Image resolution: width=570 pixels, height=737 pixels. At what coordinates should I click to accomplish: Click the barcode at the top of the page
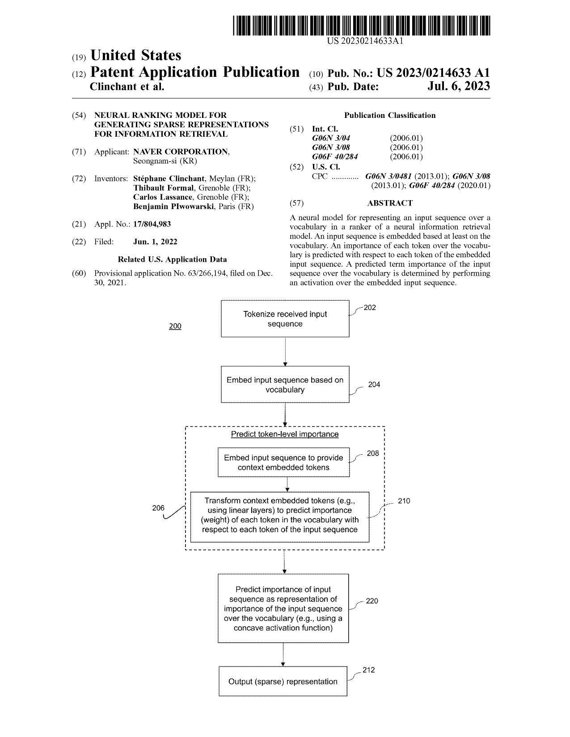tap(361, 25)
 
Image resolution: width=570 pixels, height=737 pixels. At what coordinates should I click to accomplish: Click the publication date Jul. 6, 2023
tap(459, 86)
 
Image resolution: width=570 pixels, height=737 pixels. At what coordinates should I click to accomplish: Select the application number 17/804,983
tap(152, 224)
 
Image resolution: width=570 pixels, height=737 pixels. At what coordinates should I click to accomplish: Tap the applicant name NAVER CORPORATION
tap(181, 151)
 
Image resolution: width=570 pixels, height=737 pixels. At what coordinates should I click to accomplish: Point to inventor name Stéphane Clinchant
tap(169, 179)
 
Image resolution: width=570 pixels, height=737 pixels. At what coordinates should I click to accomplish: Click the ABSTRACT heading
tap(390, 203)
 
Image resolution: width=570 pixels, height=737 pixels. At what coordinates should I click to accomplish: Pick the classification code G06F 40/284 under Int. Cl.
tap(335, 157)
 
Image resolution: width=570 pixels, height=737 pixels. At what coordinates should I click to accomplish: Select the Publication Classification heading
tap(390, 115)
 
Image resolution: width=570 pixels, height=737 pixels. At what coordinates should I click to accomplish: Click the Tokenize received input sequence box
tap(285, 318)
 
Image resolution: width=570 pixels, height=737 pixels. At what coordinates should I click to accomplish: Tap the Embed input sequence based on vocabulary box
tap(285, 384)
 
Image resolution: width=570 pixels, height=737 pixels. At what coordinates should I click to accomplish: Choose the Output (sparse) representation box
tap(283, 681)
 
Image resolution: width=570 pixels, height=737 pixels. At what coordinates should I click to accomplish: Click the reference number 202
tap(370, 308)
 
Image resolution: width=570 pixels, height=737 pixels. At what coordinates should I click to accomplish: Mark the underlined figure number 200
tap(175, 326)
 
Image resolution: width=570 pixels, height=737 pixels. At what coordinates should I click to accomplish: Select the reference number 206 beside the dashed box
tap(158, 508)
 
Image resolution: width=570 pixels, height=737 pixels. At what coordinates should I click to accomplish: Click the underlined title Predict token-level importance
tap(285, 434)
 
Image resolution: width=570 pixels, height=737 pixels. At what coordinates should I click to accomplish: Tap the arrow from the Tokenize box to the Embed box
tap(285, 352)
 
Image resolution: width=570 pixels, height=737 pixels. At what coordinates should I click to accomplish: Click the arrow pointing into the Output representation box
tap(283, 654)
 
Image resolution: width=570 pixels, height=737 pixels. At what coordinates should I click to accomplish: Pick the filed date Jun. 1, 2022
tap(155, 242)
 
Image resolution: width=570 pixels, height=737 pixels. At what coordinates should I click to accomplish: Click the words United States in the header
tap(136, 55)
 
